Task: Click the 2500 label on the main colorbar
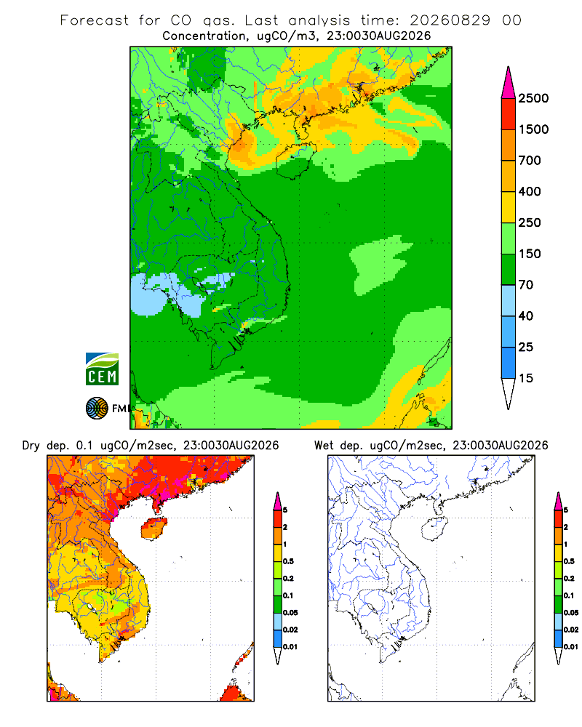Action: point(533,98)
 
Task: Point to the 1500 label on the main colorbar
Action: point(533,129)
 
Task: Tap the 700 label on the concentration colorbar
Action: point(530,161)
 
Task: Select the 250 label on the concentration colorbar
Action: point(530,222)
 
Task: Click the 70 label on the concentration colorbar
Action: point(526,285)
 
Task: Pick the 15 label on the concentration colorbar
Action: point(526,378)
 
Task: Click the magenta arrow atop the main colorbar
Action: point(509,83)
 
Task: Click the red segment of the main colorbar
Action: point(509,114)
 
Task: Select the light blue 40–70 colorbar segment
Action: point(509,300)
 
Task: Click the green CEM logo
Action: point(102,369)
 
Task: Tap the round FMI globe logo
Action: point(97,408)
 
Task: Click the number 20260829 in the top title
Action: point(450,20)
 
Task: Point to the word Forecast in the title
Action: point(95,20)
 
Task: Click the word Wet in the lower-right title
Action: point(324,446)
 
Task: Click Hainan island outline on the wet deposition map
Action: point(423,529)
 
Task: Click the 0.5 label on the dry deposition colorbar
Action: point(288,561)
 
